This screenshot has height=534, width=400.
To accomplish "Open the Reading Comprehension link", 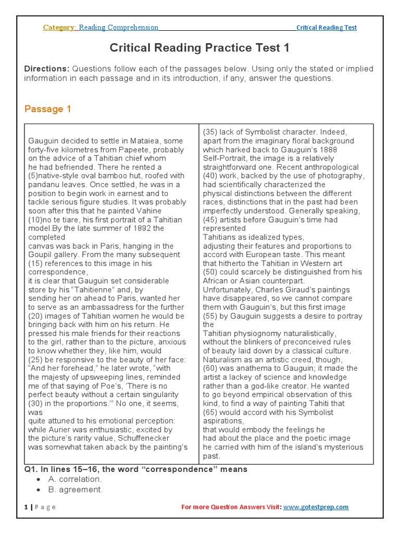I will point(118,28).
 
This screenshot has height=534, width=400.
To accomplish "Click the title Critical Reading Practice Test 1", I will point(199,48).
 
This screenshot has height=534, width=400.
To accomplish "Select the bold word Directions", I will point(46,69).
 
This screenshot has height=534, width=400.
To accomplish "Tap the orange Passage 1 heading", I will point(47,109).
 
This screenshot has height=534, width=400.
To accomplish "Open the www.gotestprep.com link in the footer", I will point(316,507).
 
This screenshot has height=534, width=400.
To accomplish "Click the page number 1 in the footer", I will point(26,507).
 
